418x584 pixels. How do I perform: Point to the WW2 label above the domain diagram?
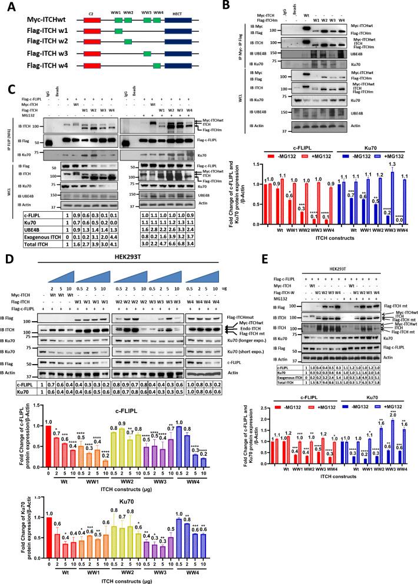128,12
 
